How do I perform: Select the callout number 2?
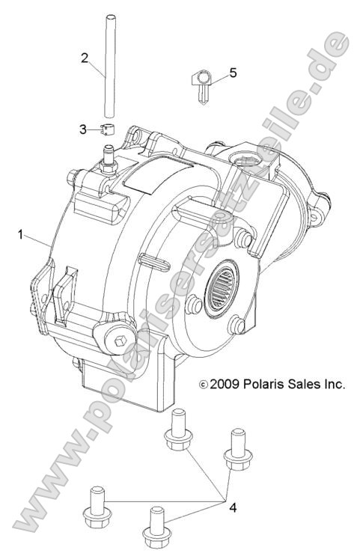85,57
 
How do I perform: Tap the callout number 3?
84,129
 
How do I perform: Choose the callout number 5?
233,73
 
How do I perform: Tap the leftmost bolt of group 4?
96,508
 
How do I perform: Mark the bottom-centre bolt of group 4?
156,528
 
